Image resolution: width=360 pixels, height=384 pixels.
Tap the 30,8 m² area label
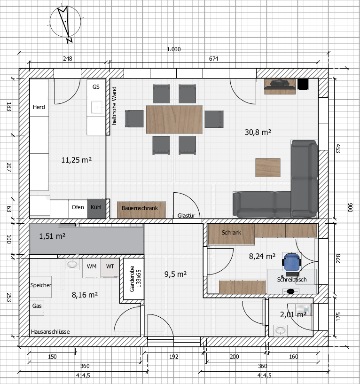(258, 132)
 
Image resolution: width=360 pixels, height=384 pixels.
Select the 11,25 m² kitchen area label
(77, 160)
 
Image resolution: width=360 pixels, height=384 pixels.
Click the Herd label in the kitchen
(39, 107)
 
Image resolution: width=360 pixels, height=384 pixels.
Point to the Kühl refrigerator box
(96, 208)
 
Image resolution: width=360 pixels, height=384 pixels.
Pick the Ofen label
(78, 207)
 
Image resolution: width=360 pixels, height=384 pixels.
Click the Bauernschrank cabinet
(141, 210)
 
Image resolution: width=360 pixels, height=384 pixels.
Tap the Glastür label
(187, 216)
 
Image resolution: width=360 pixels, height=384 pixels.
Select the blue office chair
(291, 261)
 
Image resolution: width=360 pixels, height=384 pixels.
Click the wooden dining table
(174, 119)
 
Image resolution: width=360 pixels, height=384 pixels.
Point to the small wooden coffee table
(268, 168)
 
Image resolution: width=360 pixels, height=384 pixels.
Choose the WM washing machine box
(92, 268)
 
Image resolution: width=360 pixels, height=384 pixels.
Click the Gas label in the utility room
(37, 306)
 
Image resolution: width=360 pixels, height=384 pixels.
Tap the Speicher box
(41, 287)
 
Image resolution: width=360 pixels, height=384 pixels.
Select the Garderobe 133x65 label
(135, 279)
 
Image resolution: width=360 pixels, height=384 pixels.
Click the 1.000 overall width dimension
(173, 49)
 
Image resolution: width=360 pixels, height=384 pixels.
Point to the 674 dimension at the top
(213, 59)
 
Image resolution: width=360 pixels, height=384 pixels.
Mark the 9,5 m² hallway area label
(176, 274)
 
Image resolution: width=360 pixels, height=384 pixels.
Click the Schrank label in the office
(231, 232)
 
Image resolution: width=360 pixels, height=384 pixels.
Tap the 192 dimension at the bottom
(173, 357)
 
